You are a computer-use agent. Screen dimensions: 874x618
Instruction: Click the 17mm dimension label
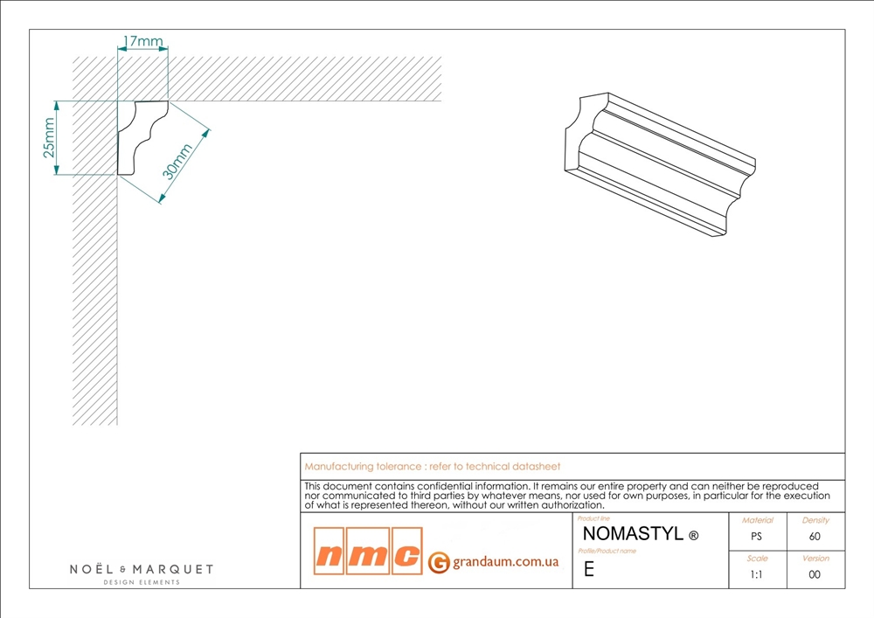tap(142, 41)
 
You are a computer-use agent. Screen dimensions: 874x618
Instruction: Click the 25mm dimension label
tap(49, 137)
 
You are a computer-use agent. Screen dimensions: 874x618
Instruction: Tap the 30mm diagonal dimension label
tap(177, 162)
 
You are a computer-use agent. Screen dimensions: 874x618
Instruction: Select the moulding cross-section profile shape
tap(142, 137)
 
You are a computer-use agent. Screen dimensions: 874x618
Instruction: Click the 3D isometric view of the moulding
tap(660, 164)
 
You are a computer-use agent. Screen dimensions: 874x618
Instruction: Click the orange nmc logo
tap(368, 551)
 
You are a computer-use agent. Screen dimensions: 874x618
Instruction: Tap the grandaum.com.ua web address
tap(505, 562)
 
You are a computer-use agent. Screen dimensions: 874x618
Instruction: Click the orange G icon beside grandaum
tap(439, 562)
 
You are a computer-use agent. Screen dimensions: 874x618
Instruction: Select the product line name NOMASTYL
tap(633, 534)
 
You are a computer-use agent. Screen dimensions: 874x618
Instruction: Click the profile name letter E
tap(588, 569)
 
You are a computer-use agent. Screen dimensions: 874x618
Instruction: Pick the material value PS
tap(756, 537)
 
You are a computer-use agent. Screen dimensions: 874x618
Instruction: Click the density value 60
tap(815, 537)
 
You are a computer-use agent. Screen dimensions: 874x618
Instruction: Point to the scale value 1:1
tap(756, 574)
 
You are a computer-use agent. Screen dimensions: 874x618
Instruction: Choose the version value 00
tap(815, 574)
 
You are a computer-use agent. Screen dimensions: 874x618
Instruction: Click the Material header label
tap(758, 520)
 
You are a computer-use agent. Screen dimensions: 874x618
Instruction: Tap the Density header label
tap(815, 520)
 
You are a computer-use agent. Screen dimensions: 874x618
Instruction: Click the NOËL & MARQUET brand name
tap(142, 569)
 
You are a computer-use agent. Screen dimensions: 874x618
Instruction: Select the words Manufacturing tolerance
tap(363, 467)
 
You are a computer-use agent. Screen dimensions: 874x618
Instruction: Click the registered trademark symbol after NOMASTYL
tap(693, 536)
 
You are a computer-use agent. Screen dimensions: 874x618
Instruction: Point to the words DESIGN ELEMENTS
tap(142, 582)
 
